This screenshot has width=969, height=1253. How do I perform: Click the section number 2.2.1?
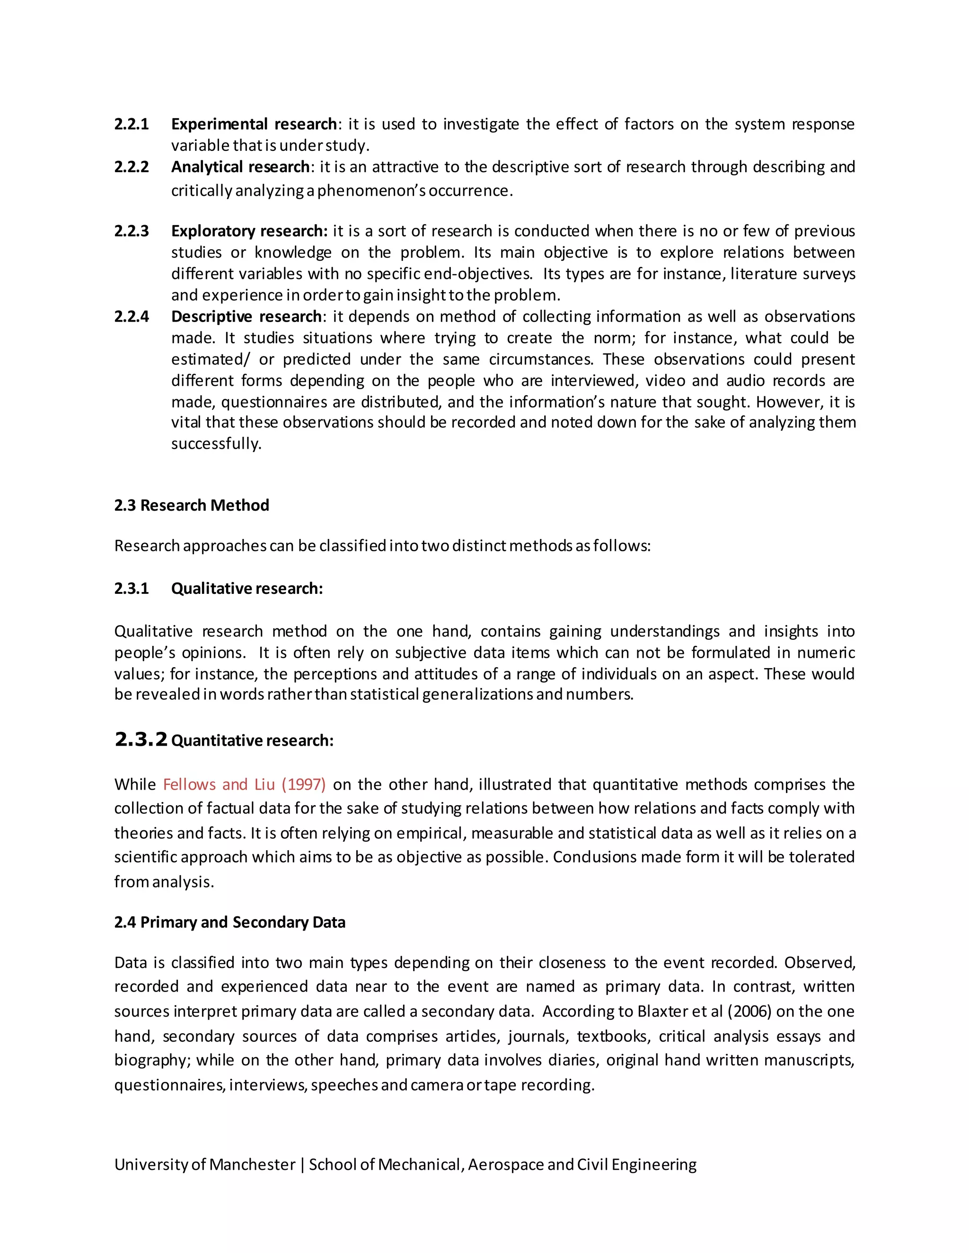coord(132,124)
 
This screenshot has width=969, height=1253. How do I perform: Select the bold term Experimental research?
coord(254,124)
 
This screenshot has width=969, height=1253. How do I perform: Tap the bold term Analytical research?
coord(240,167)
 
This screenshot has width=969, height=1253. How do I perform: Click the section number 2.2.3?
coord(132,231)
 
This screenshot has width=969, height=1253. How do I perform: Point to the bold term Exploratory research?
coord(249,231)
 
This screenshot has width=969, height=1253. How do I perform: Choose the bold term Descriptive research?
coord(246,317)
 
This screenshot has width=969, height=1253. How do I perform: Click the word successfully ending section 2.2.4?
coord(216,444)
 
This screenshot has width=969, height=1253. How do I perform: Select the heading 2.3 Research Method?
coord(191,505)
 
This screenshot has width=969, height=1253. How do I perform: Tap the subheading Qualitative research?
coord(247,589)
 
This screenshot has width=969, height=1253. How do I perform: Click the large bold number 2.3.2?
coord(141,740)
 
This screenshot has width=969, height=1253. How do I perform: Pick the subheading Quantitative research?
coord(252,740)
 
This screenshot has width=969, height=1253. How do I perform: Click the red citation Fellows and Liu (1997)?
coord(244,784)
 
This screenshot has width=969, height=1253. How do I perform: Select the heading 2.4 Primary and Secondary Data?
coord(229,922)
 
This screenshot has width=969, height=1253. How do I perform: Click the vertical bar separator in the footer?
coord(302,1165)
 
